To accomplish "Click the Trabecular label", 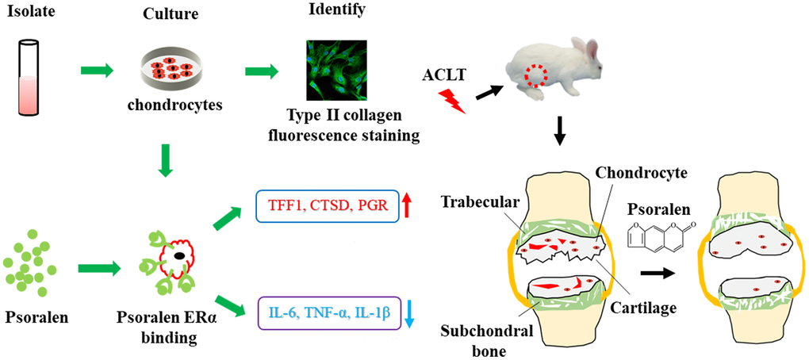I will click(x=481, y=202).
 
